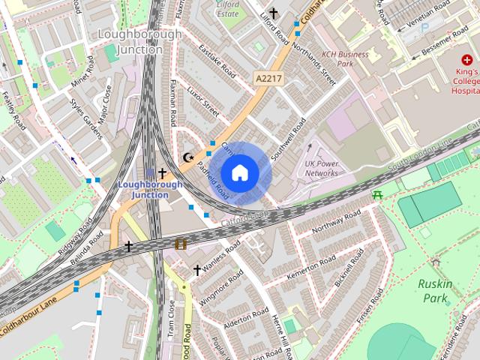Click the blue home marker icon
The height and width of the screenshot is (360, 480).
(x=239, y=172)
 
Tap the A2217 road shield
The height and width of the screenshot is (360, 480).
(x=268, y=78)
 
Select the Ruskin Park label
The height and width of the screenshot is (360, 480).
(x=434, y=291)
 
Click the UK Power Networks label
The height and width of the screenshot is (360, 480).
(x=321, y=168)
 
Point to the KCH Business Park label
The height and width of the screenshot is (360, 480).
(x=346, y=58)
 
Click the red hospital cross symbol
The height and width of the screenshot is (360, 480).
(x=467, y=59)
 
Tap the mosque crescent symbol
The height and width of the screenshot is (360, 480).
(x=188, y=157)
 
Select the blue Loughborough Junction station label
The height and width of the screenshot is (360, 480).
(x=145, y=189)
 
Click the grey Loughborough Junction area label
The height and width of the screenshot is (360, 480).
(x=140, y=42)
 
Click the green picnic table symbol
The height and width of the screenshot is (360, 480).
(x=378, y=195)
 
